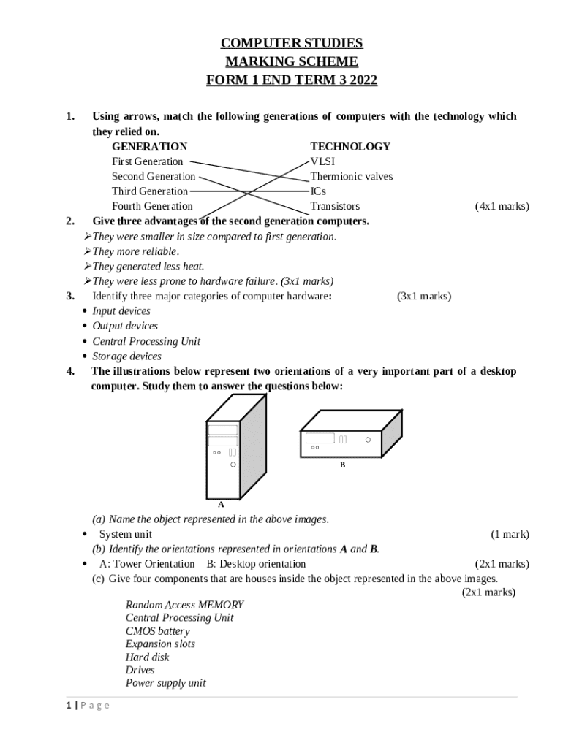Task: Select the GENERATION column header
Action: [149, 146]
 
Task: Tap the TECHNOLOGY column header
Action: [350, 146]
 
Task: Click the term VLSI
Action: [322, 161]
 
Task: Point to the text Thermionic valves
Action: [351, 176]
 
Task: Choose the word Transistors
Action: [335, 206]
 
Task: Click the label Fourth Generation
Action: [152, 206]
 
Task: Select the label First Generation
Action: [147, 161]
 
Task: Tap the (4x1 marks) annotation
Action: [502, 206]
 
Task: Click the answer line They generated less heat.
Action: [148, 266]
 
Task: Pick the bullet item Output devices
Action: [125, 326]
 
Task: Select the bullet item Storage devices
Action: [126, 356]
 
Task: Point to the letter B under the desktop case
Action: [341, 465]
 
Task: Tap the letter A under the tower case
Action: [221, 504]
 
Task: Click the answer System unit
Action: [126, 534]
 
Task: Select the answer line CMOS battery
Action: [157, 631]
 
